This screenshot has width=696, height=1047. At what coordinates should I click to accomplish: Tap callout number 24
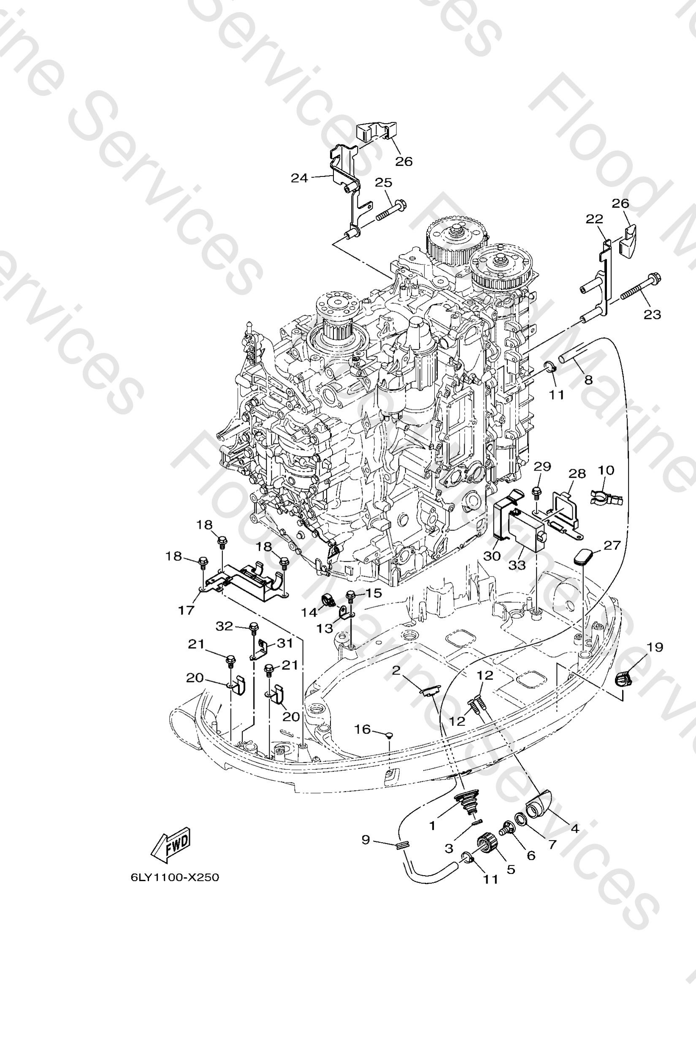pyautogui.click(x=299, y=178)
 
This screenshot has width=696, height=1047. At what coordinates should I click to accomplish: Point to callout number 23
pyautogui.click(x=652, y=314)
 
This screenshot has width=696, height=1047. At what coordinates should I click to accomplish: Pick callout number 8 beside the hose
pyautogui.click(x=588, y=379)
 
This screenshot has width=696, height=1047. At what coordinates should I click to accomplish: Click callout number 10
pyautogui.click(x=606, y=470)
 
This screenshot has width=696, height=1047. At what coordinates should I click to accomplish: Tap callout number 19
pyautogui.click(x=655, y=647)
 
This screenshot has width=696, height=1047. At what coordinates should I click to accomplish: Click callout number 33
pyautogui.click(x=517, y=565)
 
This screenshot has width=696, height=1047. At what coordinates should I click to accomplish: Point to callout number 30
pyautogui.click(x=492, y=556)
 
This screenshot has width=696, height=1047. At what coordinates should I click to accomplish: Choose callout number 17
pyautogui.click(x=186, y=610)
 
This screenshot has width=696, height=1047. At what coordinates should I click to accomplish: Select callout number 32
pyautogui.click(x=224, y=626)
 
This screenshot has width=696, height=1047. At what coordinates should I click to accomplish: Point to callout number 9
pyautogui.click(x=366, y=840)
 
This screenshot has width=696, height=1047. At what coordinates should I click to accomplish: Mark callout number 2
pyautogui.click(x=396, y=670)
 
